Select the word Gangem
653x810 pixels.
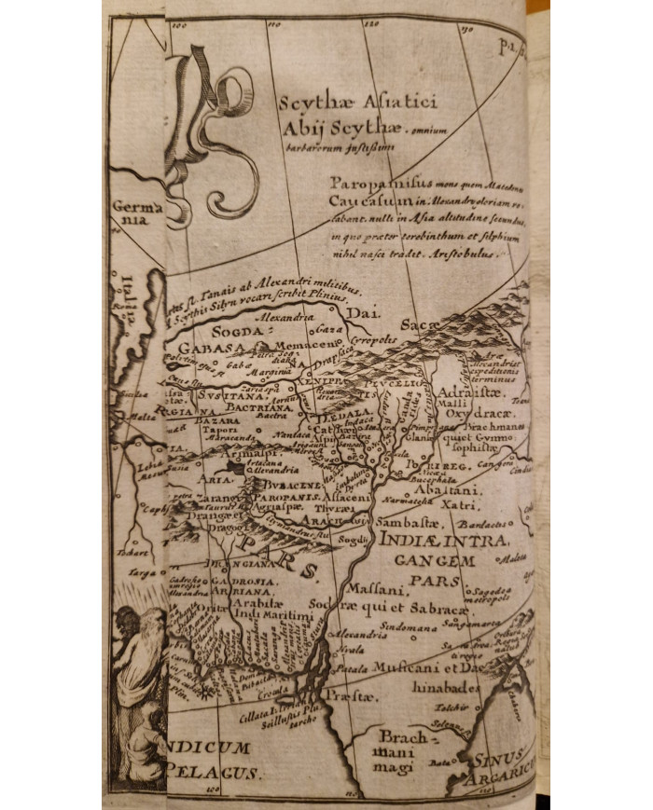[435, 561]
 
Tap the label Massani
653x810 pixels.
[373, 590]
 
